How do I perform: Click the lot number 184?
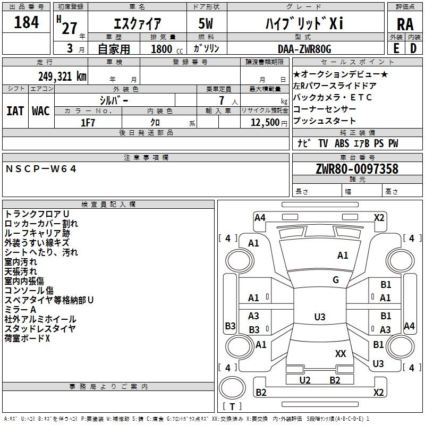point(26,22)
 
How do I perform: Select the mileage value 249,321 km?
point(62,76)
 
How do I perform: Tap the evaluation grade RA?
point(405,24)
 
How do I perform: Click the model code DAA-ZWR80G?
point(304,49)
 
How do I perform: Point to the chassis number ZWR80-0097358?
point(357,169)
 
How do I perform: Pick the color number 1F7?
point(88,123)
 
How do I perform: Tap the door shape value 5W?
point(206,23)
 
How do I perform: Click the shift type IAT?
point(15,111)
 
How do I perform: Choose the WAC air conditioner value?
point(41,111)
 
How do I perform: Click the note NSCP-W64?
point(41,169)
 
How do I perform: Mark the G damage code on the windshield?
point(336,279)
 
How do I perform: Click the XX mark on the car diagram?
point(341,354)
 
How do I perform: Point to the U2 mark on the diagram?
point(305,380)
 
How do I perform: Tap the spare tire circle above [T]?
point(232,388)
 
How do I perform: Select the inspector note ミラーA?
point(20,310)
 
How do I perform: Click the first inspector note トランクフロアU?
point(37,214)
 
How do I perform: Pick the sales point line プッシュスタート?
point(324,121)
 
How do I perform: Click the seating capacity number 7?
point(222,100)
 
